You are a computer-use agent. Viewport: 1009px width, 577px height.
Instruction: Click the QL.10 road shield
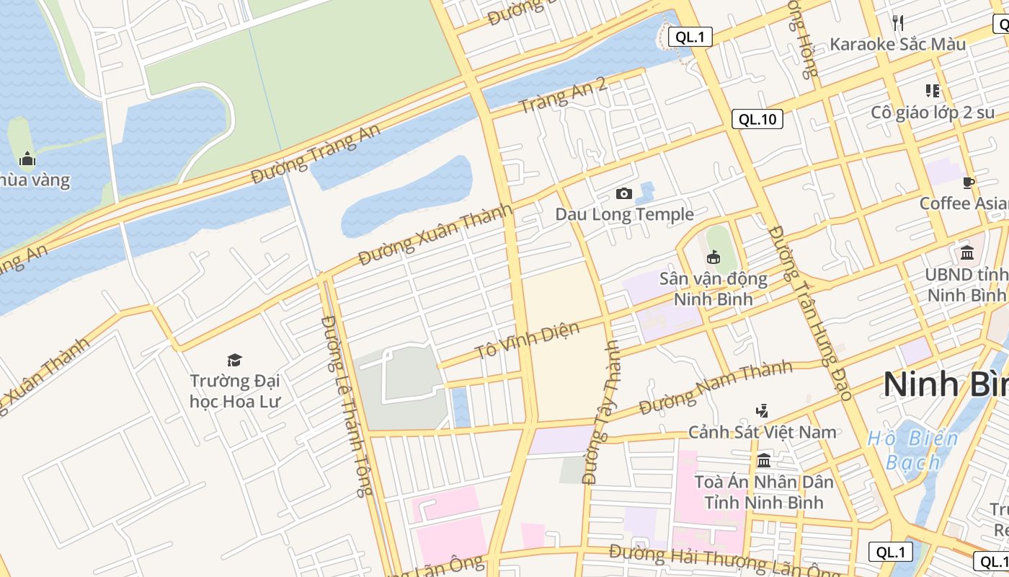757,120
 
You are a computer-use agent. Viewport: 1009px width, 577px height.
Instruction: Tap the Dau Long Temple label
624,214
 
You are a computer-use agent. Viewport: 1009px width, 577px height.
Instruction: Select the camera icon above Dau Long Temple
624,193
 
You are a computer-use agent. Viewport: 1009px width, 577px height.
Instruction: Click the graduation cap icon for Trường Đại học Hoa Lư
234,360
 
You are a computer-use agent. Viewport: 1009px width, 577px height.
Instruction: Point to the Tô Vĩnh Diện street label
527,341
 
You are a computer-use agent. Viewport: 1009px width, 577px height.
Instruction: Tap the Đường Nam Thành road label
716,387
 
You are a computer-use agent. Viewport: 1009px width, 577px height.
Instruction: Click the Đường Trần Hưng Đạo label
810,312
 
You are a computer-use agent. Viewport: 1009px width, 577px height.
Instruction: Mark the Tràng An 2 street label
563,95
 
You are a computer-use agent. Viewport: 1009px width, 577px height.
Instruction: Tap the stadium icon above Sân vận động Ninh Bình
714,257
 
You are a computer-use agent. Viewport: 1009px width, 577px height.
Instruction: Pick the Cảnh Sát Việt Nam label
763,432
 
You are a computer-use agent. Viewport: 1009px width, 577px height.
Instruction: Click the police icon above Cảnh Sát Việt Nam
762,411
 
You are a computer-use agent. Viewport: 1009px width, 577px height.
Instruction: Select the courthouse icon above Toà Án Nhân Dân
764,460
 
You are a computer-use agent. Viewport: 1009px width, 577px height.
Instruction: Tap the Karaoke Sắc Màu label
897,44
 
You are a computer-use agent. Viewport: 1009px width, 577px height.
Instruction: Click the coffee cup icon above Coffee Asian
969,182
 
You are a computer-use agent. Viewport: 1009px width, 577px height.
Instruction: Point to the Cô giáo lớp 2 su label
933,113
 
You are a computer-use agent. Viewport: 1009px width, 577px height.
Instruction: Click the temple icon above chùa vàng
27,159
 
